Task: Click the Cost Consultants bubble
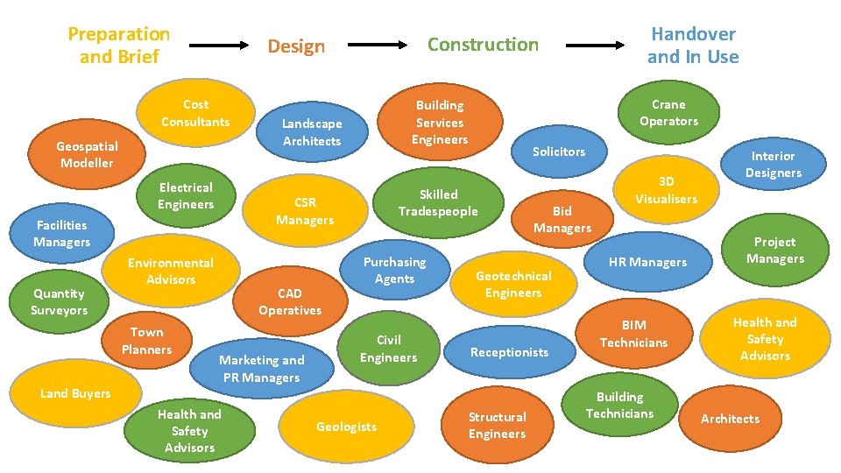click(x=195, y=113)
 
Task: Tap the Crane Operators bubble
click(x=668, y=113)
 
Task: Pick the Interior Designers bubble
click(x=774, y=165)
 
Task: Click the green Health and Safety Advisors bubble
click(x=189, y=430)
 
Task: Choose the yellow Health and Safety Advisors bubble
click(x=765, y=339)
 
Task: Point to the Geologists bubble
click(x=346, y=427)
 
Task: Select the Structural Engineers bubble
click(x=497, y=426)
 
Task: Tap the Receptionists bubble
click(x=509, y=352)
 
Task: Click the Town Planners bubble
click(x=146, y=341)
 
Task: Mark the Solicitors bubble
click(x=559, y=152)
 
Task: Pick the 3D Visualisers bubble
click(x=666, y=190)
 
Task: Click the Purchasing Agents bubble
click(x=394, y=270)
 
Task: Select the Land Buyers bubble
click(x=75, y=393)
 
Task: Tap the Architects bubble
click(x=730, y=419)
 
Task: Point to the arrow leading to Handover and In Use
click(x=597, y=45)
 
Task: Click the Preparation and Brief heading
click(x=119, y=46)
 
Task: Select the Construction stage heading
click(x=483, y=45)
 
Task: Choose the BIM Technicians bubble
click(x=633, y=334)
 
